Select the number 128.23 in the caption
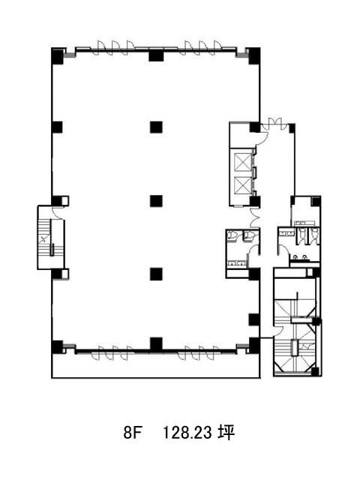coord(187,433)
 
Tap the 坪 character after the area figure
coord(226,433)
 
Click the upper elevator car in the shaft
coord(242,161)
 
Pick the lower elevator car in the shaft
coord(242,186)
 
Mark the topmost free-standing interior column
coord(156,127)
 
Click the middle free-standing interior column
coord(156,201)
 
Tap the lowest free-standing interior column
coord(156,274)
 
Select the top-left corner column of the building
coord(57,56)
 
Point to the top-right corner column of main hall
coord(254,56)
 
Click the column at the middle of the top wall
coord(156,55)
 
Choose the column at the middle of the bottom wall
coord(156,344)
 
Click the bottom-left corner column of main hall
coord(57,347)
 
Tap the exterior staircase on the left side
coord(50,238)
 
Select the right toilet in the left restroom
coord(250,235)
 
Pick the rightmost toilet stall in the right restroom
coord(313,236)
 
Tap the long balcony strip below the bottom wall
coord(156,366)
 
